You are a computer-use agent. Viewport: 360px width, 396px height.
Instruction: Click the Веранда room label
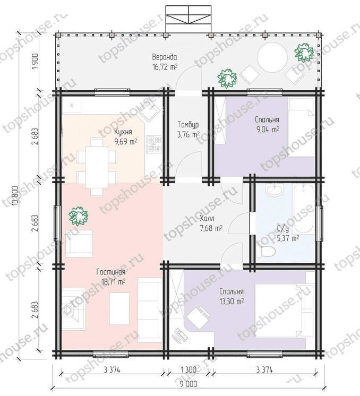[x=165, y=57]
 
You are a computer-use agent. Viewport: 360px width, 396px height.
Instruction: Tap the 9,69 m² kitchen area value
[x=126, y=141]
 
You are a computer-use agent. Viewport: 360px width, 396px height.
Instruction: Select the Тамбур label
[x=188, y=125]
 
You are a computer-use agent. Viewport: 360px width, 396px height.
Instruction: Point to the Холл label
[x=207, y=218]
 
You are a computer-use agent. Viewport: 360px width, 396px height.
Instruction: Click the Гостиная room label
[x=111, y=272]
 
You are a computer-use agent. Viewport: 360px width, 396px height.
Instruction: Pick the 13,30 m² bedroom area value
[x=232, y=302]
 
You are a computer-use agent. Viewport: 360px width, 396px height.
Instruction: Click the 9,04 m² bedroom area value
[x=267, y=130]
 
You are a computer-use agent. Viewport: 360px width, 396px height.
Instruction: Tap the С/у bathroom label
[x=282, y=229]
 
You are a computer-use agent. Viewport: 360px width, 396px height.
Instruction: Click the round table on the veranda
[x=272, y=57]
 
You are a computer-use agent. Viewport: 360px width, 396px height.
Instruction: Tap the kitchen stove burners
[x=154, y=144]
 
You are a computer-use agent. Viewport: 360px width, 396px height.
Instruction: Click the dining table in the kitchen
[x=97, y=167]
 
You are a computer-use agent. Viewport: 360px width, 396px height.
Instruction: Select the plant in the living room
[x=79, y=216]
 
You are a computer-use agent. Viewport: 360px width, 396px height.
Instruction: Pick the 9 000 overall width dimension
[x=188, y=384]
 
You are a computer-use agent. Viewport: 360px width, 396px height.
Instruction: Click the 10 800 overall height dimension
[x=15, y=196]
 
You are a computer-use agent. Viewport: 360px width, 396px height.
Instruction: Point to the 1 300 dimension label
[x=188, y=370]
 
